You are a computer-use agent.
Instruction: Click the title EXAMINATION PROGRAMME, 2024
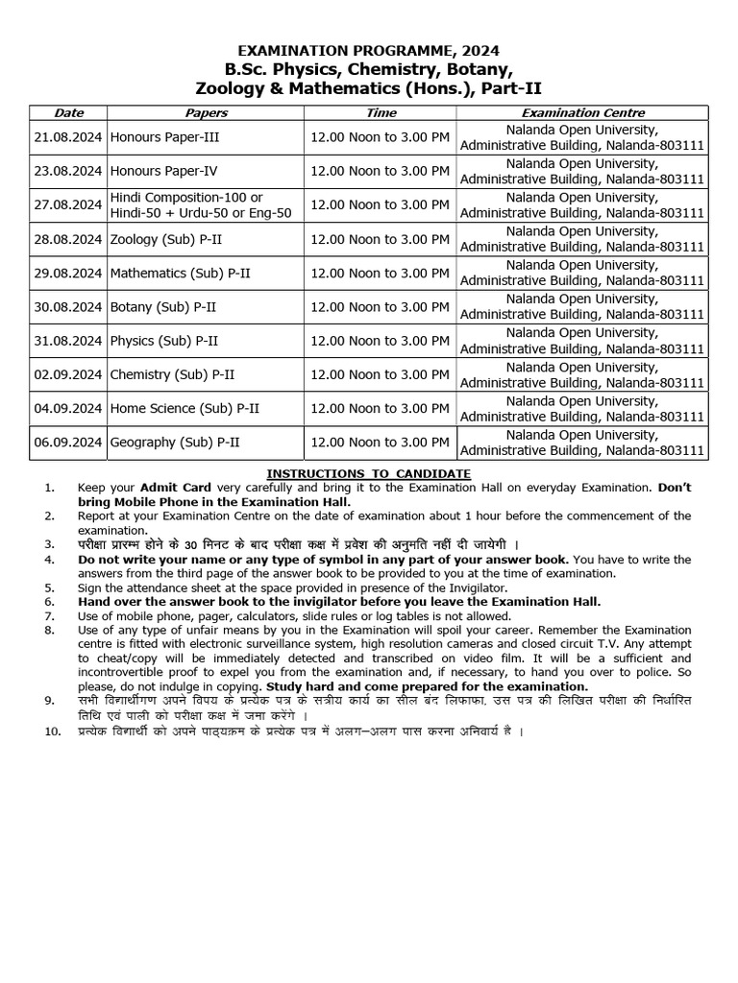[x=369, y=50]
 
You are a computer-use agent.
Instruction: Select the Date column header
[x=68, y=113]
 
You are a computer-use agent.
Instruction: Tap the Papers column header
[x=206, y=113]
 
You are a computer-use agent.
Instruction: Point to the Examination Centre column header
[x=582, y=113]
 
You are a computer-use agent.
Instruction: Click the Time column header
[x=381, y=113]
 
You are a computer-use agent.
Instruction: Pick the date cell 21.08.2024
[x=68, y=137]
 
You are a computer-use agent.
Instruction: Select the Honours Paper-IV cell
[x=164, y=171]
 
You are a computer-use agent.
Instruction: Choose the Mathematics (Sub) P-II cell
[x=181, y=273]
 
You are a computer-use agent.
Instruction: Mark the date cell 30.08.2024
[x=68, y=307]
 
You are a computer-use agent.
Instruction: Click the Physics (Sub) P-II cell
[x=164, y=341]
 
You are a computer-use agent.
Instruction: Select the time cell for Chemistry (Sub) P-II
[x=381, y=374]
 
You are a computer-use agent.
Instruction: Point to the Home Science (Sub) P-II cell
[x=184, y=409]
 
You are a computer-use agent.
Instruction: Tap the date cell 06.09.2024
[x=68, y=443]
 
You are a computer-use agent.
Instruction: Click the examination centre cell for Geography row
[x=582, y=443]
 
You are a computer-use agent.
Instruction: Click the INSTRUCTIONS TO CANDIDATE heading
[x=369, y=473]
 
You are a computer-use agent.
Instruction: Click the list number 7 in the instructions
[x=50, y=616]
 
